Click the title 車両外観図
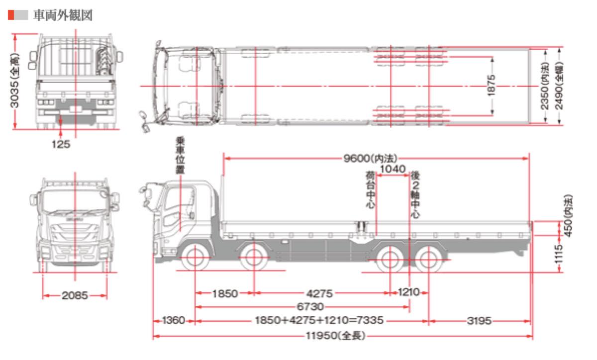tap(63, 15)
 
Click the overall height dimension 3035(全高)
tap(14, 81)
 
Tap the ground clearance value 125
tap(61, 144)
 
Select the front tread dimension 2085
tap(75, 295)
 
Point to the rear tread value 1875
tap(491, 85)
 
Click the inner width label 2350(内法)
tap(545, 86)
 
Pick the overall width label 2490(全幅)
tap(559, 86)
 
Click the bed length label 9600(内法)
tap(370, 158)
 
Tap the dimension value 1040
tap(393, 169)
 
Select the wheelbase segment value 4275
tap(319, 294)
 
